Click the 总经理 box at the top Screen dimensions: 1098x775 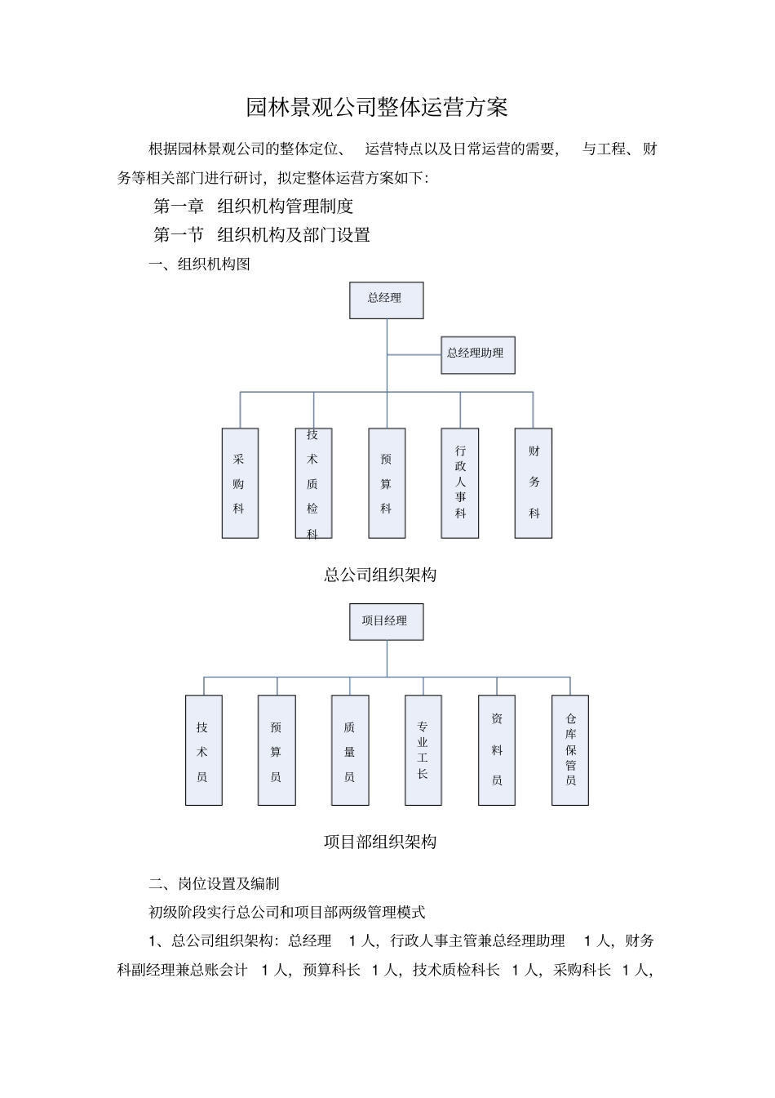(x=386, y=300)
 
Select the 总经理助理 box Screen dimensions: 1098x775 (x=477, y=354)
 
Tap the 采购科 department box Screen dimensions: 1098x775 (x=240, y=482)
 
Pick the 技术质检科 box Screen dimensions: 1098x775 (x=313, y=482)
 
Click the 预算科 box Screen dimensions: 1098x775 (x=387, y=482)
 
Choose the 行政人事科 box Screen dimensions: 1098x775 (x=459, y=482)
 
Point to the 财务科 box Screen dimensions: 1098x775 (x=533, y=482)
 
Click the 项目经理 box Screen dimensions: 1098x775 (x=386, y=621)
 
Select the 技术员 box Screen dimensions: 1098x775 (x=203, y=749)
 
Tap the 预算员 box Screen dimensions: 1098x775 (x=277, y=749)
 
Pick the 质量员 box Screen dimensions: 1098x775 (x=350, y=749)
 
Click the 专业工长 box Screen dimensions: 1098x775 (x=423, y=749)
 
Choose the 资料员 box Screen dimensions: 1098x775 (x=496, y=749)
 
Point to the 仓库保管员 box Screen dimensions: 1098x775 (x=569, y=749)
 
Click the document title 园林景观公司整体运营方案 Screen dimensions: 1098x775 (x=377, y=107)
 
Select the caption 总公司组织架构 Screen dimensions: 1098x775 (x=380, y=575)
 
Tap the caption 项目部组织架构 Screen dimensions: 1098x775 (x=380, y=842)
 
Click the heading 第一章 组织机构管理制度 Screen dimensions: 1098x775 (x=254, y=207)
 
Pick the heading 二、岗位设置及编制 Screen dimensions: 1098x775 (x=214, y=883)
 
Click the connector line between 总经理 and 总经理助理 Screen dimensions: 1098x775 (x=414, y=355)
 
